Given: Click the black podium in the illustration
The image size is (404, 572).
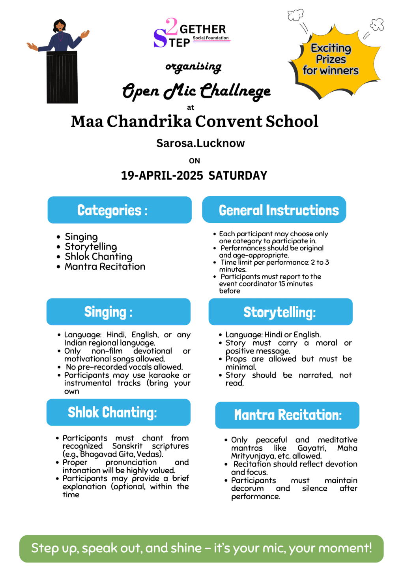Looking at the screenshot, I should [62, 78].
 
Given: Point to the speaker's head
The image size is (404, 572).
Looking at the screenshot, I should [60, 26].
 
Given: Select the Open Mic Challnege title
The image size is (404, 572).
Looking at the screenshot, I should [196, 91].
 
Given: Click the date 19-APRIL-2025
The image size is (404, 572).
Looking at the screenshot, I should [162, 175].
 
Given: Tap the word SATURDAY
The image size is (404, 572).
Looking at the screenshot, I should [238, 175].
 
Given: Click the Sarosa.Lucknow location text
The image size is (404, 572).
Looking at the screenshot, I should [200, 143].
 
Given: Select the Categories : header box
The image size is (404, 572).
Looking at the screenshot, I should [120, 210].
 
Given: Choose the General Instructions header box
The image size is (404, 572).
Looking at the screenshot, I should [274, 210].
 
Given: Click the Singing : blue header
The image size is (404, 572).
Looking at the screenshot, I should [118, 312].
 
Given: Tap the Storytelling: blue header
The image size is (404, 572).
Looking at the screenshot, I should [280, 312].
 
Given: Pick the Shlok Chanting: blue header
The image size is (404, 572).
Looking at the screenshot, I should [118, 412].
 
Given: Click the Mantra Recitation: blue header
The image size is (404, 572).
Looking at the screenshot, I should [287, 415].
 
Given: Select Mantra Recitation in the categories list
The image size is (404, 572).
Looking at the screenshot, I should [105, 267].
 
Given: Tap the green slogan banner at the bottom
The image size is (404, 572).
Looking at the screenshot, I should [201, 548].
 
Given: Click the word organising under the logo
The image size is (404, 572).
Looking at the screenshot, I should [193, 67].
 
